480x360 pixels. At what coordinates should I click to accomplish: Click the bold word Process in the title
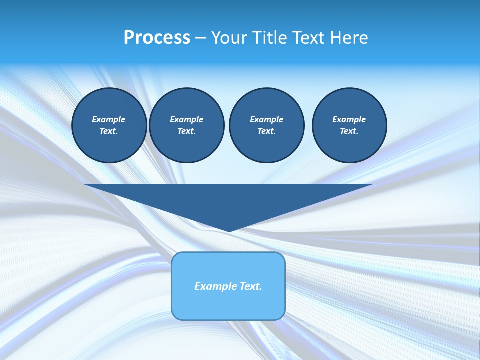click(x=157, y=38)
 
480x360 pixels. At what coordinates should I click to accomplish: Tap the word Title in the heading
click(x=270, y=38)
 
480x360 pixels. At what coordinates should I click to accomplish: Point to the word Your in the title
click(x=229, y=38)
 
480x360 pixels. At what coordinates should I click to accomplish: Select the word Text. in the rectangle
click(x=249, y=286)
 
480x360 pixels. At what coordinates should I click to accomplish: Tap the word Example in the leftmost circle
click(x=109, y=119)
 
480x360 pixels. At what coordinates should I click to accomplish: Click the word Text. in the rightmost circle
click(x=349, y=131)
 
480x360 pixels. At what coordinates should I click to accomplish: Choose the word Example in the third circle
click(x=266, y=119)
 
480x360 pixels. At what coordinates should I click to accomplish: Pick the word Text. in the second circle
click(x=187, y=131)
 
